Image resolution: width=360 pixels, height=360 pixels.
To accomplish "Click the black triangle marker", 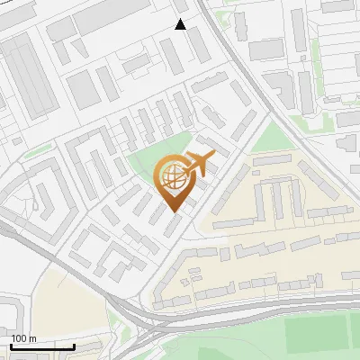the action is click(180, 24).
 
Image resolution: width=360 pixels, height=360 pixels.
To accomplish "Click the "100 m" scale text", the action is click(23, 338).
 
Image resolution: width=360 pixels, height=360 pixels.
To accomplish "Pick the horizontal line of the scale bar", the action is click(41, 346).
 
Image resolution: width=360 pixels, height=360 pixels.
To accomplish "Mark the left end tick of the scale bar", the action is click(10, 345).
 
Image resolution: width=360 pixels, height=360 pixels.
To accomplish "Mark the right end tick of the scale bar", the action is click(74, 345).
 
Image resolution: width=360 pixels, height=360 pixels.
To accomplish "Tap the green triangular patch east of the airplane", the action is click(270, 139).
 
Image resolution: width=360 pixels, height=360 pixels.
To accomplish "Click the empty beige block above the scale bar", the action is click(67, 306).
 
